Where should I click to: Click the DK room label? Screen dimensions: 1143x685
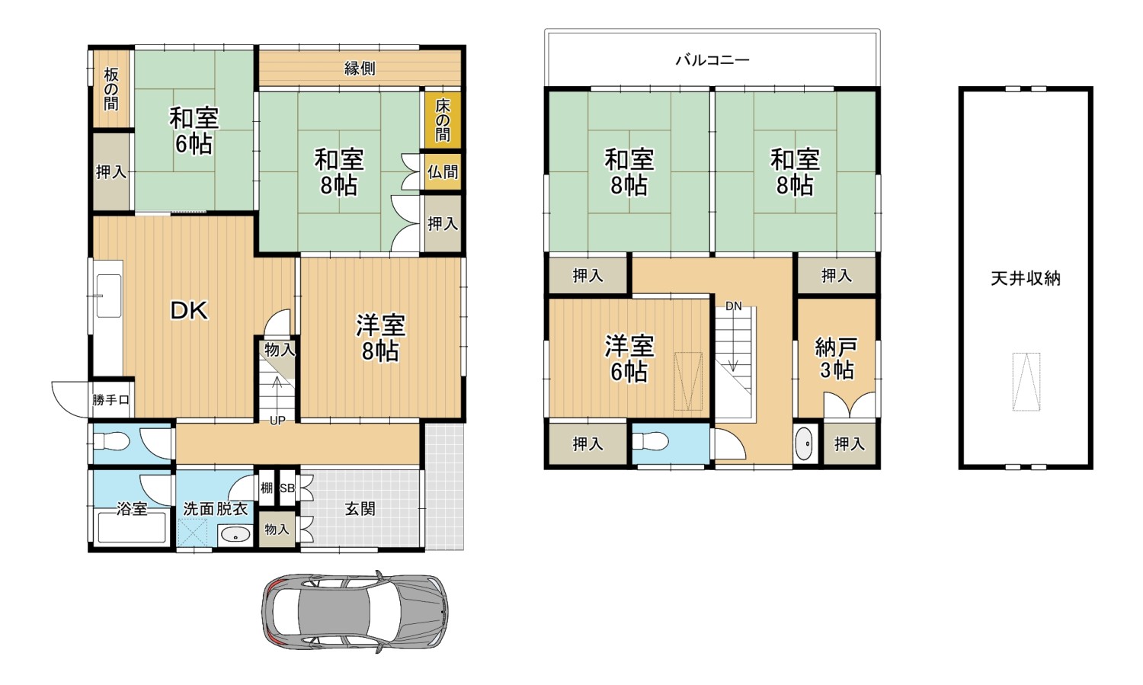189,310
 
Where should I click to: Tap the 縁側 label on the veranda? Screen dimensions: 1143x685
360,69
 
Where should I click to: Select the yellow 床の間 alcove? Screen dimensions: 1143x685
443,120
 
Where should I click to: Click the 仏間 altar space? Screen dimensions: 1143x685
443,171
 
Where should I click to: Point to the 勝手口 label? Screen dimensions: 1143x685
110,400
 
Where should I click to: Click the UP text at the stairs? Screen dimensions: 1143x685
277,421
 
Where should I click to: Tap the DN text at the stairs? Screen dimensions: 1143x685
733,306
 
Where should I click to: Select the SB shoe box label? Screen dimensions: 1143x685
287,488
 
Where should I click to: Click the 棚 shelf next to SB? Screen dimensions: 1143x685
267,488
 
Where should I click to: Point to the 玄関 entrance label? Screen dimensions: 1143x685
360,508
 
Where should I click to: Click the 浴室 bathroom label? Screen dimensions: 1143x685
132,508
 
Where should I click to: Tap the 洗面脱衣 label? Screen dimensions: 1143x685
216,509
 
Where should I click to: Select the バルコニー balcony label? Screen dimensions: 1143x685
712,60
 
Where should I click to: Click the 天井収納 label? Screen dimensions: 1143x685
1026,278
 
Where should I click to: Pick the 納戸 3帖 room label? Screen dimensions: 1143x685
837,359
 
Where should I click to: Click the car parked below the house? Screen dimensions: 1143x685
355,612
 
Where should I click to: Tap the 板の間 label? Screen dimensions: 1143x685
111,89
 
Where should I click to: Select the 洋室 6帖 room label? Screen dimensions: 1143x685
629,359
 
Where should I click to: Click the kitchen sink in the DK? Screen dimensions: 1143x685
109,296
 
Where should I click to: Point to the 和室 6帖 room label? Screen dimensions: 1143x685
194,131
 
